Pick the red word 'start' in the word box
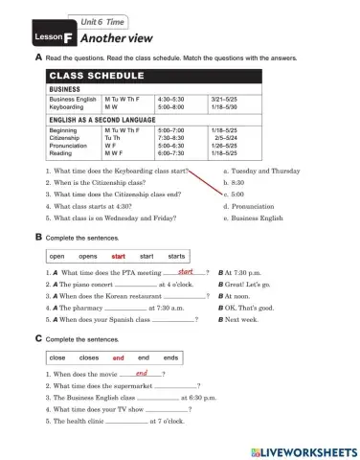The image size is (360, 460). (x=119, y=257)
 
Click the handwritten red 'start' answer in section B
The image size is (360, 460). (x=188, y=272)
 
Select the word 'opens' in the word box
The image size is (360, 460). (x=88, y=257)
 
